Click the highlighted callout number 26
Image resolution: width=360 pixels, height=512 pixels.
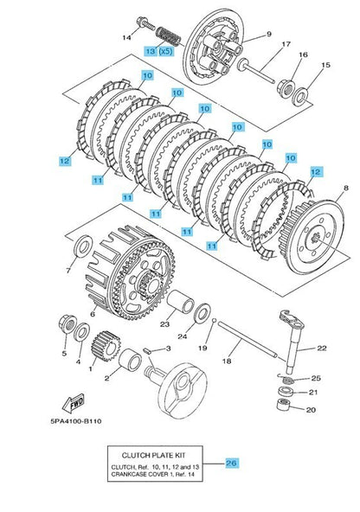pyautogui.click(x=232, y=463)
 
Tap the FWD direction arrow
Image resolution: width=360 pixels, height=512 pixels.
pyautogui.click(x=74, y=403)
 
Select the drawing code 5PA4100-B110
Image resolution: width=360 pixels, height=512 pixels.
pyautogui.click(x=76, y=421)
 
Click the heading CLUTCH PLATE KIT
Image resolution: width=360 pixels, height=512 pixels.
pyautogui.click(x=153, y=455)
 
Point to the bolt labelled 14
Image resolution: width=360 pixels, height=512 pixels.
pyautogui.click(x=145, y=23)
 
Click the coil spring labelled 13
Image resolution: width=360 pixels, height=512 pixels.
pyautogui.click(x=168, y=36)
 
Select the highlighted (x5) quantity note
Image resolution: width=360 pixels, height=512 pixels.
pyautogui.click(x=165, y=51)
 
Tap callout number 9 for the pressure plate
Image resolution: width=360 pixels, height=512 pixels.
pyautogui.click(x=269, y=34)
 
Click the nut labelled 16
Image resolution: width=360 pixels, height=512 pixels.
pyautogui.click(x=286, y=86)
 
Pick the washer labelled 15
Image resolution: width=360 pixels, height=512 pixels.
pyautogui.click(x=300, y=96)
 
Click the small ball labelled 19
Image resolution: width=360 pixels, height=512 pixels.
pyautogui.click(x=214, y=320)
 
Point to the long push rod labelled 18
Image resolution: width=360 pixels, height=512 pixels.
pyautogui.click(x=247, y=339)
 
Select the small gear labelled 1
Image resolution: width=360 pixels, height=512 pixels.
pyautogui.click(x=106, y=346)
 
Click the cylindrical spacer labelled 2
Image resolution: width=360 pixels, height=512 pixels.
pyautogui.click(x=130, y=360)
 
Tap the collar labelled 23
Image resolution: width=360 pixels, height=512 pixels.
pyautogui.click(x=181, y=302)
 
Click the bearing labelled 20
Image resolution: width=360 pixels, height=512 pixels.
pyautogui.click(x=283, y=405)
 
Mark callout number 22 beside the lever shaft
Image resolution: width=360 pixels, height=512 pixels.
pyautogui.click(x=321, y=348)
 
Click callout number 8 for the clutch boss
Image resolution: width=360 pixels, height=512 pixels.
pyautogui.click(x=346, y=188)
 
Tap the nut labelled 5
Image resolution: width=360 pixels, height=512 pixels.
pyautogui.click(x=67, y=325)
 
